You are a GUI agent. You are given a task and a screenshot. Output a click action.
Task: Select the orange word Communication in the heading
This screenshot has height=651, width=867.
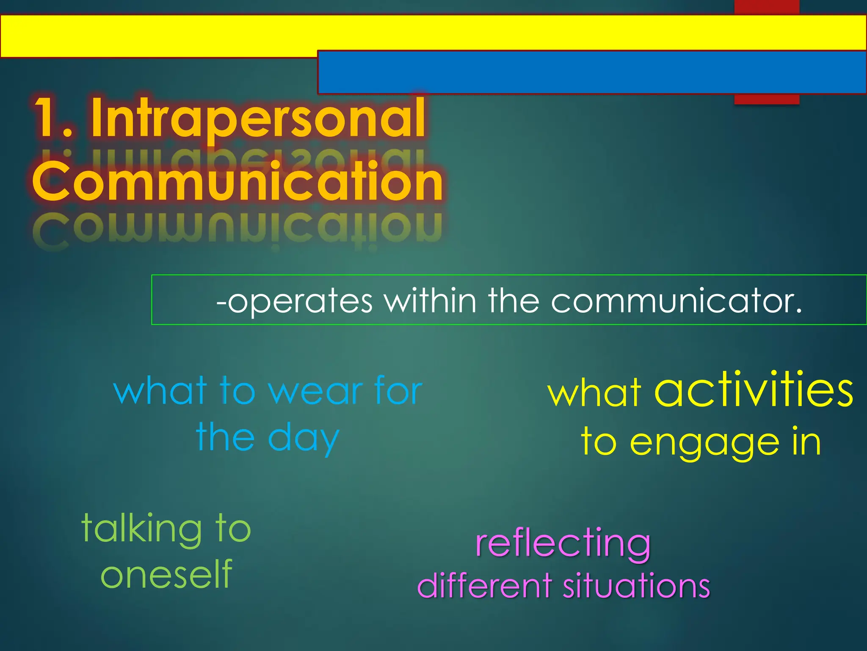pos(237,182)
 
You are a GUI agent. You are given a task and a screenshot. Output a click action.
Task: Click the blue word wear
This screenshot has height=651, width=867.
pos(315,391)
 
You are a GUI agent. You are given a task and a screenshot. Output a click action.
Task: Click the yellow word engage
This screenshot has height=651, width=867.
pos(705,443)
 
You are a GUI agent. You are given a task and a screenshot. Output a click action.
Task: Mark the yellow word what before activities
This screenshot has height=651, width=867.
pos(594,392)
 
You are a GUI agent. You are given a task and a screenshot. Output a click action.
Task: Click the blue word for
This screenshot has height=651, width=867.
pos(398,391)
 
